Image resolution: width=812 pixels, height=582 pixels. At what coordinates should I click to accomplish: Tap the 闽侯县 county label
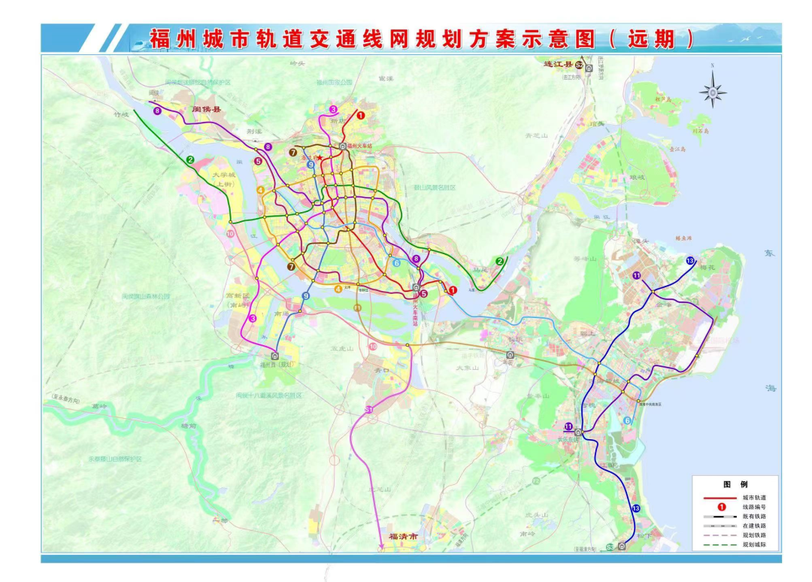208,110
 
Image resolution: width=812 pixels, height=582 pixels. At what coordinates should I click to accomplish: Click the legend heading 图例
735,484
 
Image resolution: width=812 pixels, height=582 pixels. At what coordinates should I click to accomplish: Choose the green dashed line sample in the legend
720,544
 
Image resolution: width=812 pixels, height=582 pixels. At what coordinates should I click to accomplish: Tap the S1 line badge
369,408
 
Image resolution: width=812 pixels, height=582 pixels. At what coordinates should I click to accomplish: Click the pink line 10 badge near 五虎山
373,347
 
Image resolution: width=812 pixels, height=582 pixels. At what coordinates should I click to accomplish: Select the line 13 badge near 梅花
690,260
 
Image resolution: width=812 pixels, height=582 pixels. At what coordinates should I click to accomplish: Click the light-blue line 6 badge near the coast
627,420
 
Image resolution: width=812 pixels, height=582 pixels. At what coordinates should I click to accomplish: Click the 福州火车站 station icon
343,146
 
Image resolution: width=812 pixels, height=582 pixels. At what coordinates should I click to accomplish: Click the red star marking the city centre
321,157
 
